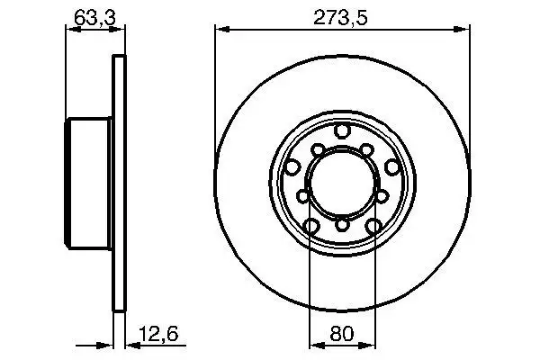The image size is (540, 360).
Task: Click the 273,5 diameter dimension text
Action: [341, 16]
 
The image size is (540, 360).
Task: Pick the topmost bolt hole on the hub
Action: [341, 132]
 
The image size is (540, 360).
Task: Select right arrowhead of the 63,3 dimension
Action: [117, 30]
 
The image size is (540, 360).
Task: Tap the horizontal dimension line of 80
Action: [341, 344]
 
